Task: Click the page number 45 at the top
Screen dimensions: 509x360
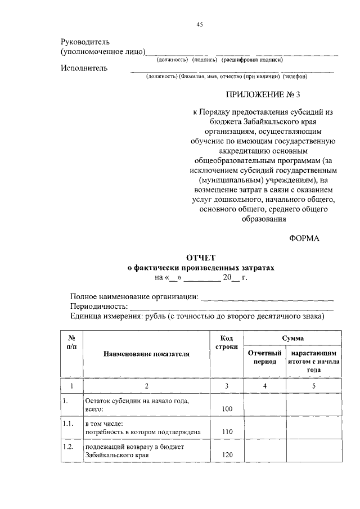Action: tap(199, 24)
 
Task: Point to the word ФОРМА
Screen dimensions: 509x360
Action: tap(304, 238)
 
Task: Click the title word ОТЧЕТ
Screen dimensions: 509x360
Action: tap(201, 258)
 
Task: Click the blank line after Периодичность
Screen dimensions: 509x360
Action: tap(231, 308)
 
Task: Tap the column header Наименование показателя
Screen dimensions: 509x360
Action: tap(146, 354)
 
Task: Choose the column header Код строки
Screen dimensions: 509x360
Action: tap(226, 343)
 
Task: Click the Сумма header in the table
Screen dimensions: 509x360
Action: tap(293, 338)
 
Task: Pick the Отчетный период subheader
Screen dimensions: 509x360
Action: tap(264, 357)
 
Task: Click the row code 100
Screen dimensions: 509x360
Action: tap(227, 409)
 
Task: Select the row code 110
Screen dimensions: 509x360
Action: tap(227, 432)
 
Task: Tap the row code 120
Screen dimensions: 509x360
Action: tap(227, 455)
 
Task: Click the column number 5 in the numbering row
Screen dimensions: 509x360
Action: tap(314, 386)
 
